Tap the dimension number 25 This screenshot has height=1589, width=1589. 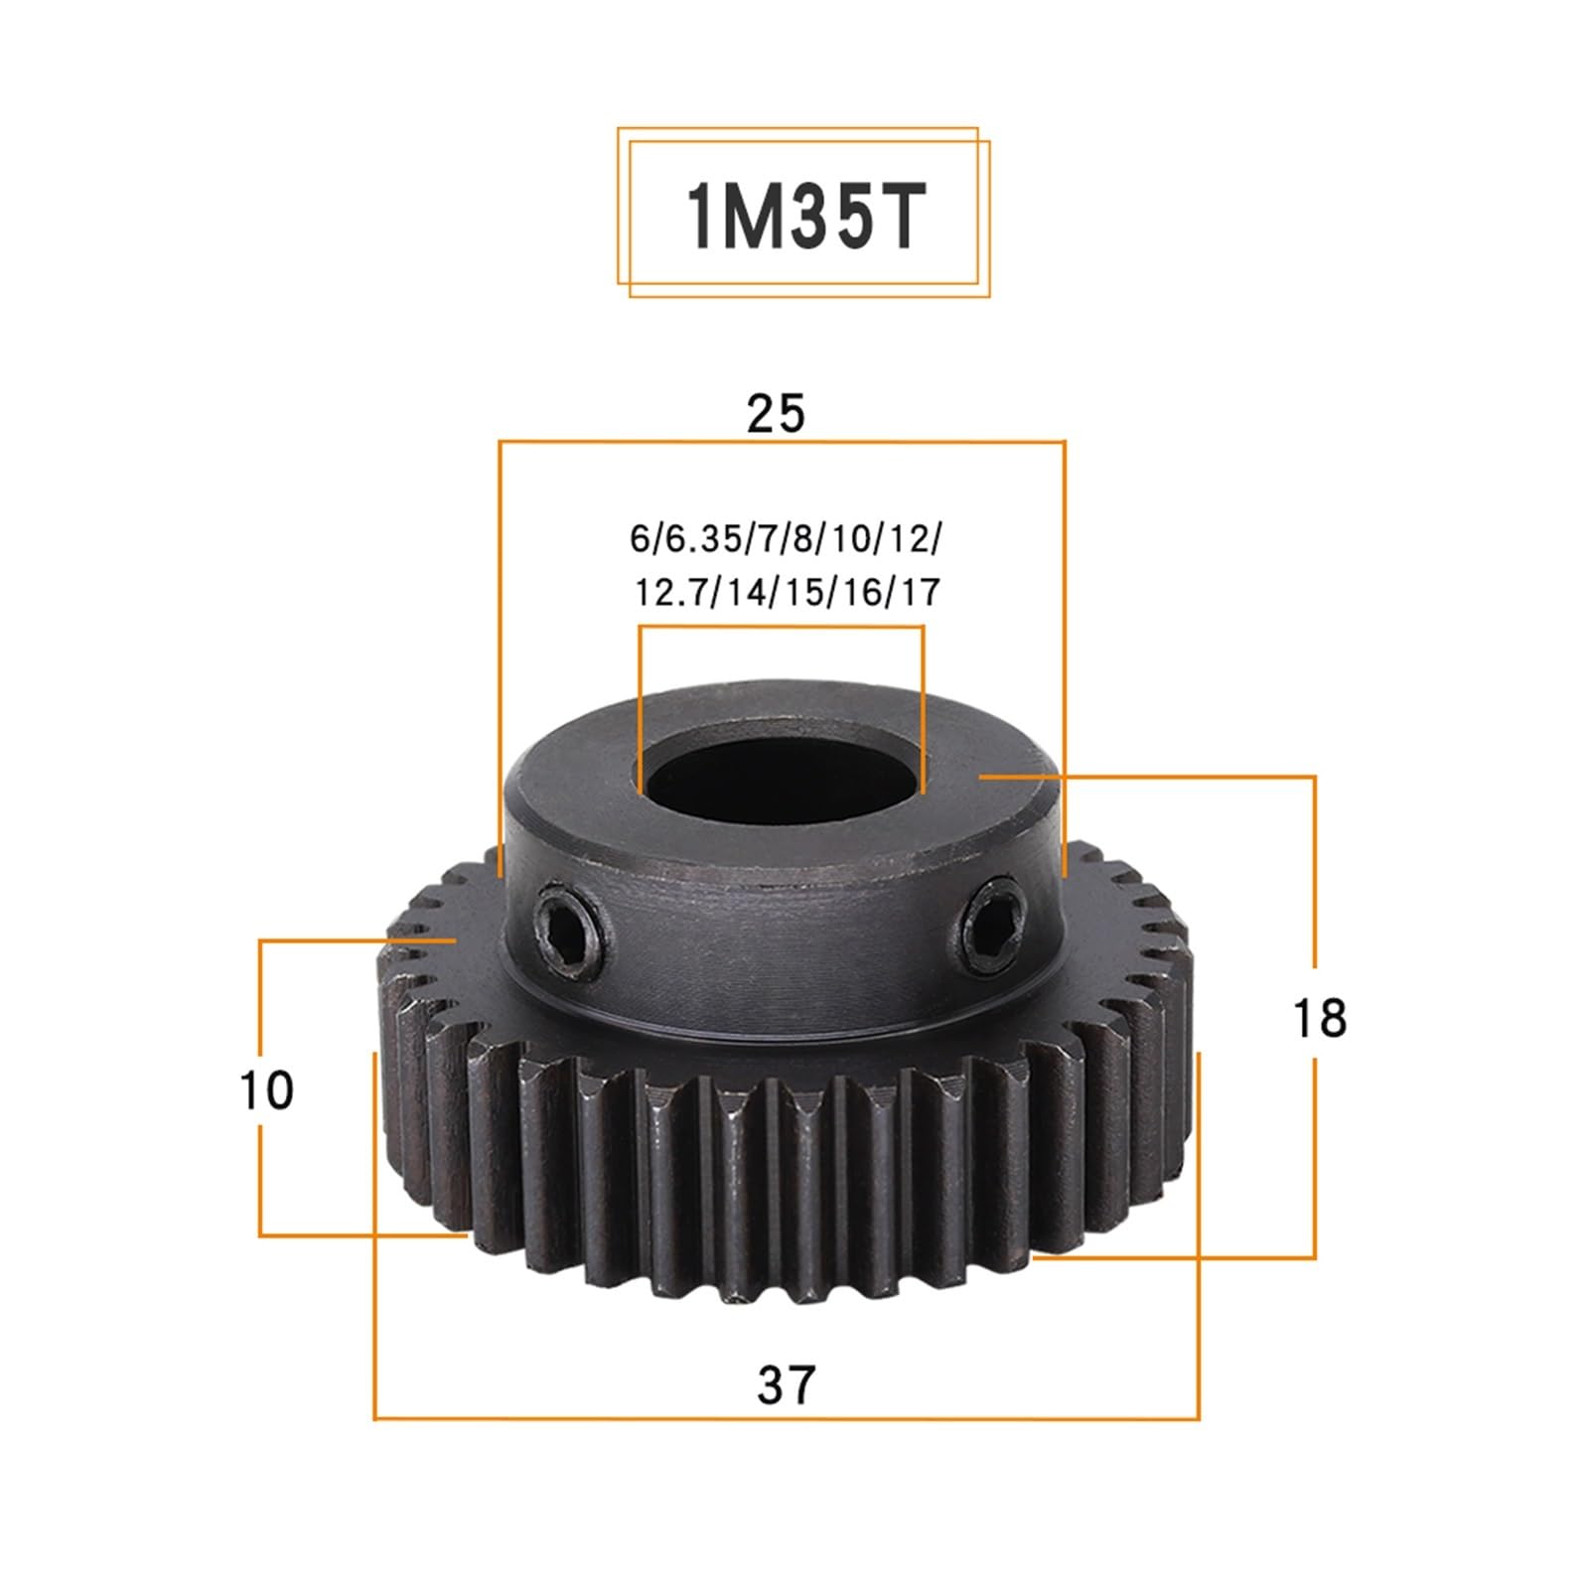click(x=776, y=413)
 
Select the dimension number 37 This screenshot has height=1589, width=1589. click(x=786, y=1384)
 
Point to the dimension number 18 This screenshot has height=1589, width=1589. click(x=1319, y=1019)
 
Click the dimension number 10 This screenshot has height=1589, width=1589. click(x=266, y=1090)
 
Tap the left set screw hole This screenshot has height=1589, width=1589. click(x=565, y=935)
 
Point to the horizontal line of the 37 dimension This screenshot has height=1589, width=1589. click(x=786, y=1418)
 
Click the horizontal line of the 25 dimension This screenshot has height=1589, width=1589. click(x=782, y=442)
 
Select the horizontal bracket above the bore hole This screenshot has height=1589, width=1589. click(x=782, y=627)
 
